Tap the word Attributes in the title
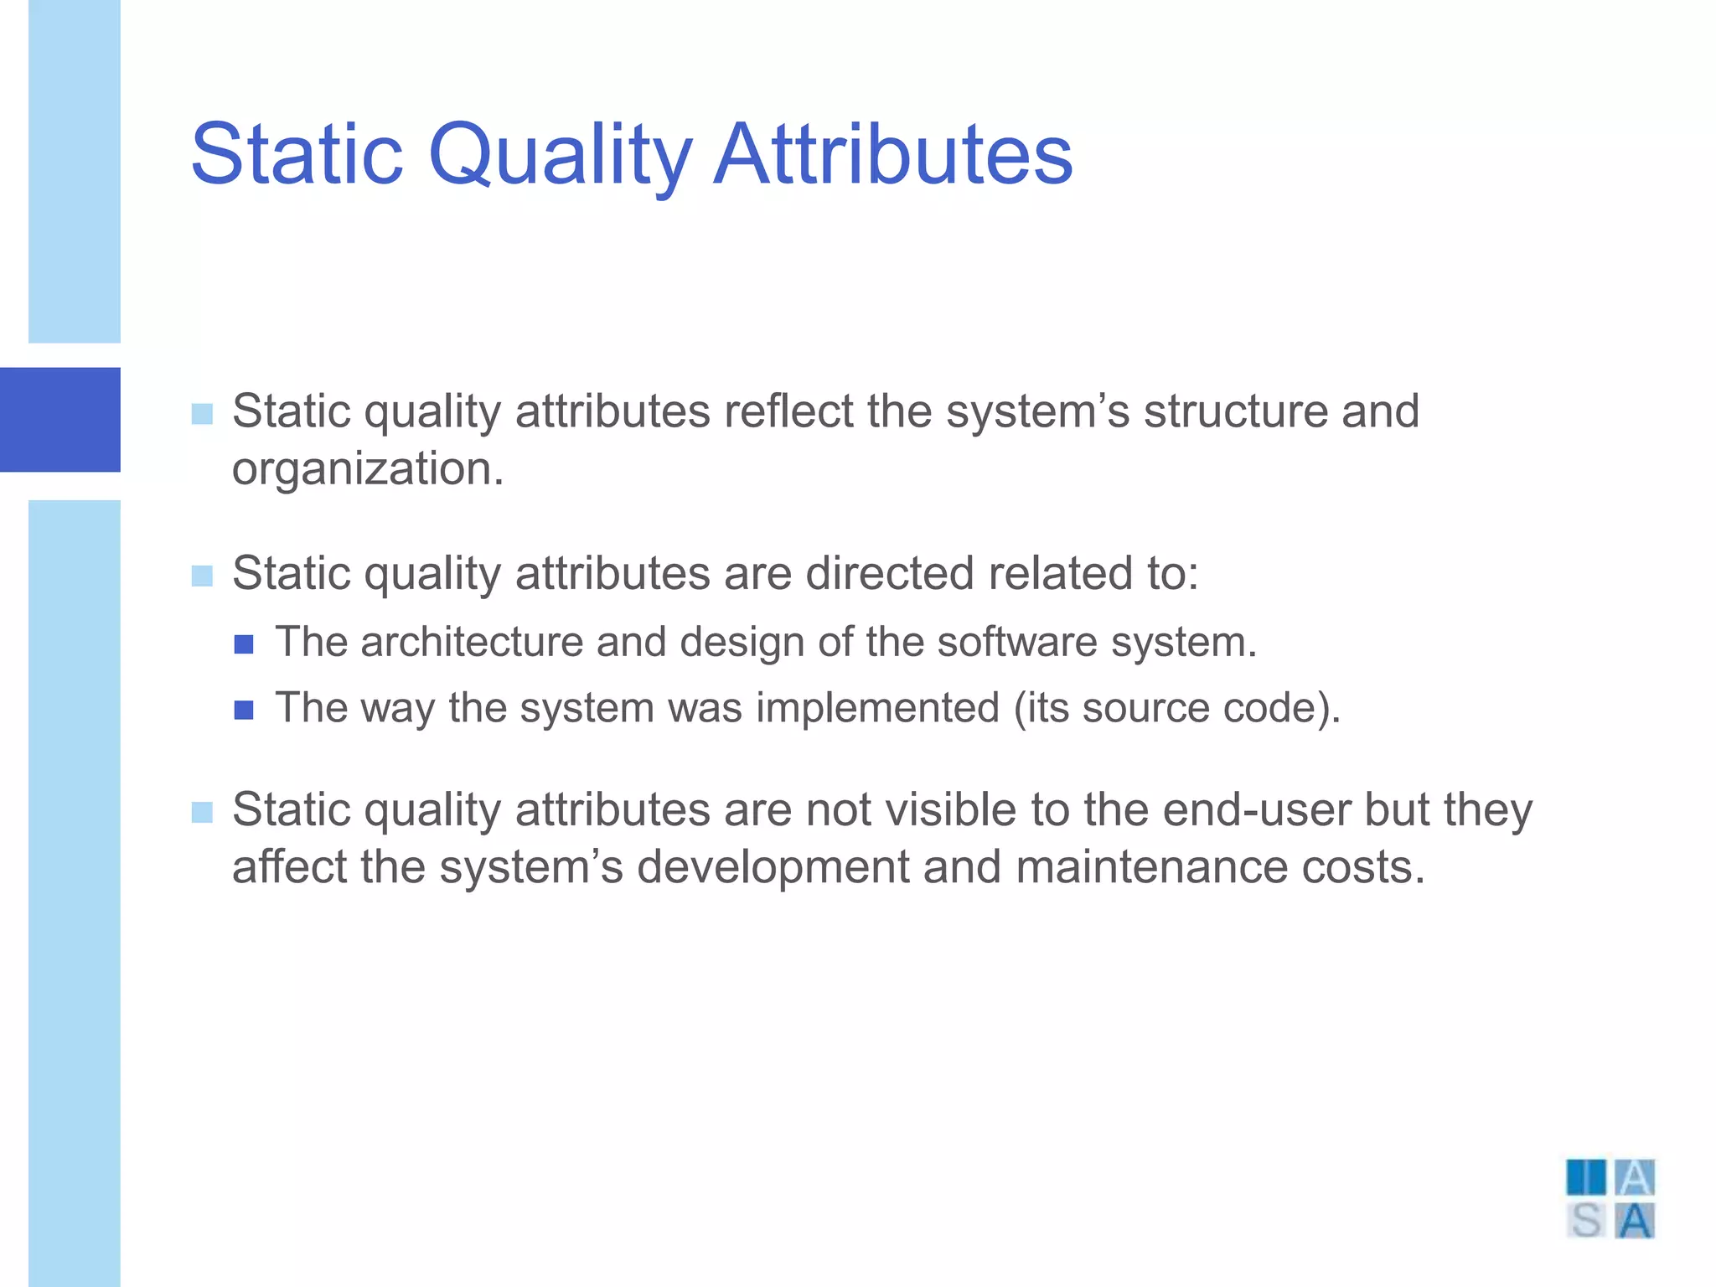[x=892, y=155]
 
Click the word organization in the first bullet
[x=367, y=469]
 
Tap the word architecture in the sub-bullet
[x=471, y=643]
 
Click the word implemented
[x=877, y=708]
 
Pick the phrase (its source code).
[x=1176, y=708]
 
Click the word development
[x=773, y=869]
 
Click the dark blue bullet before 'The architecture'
[x=244, y=644]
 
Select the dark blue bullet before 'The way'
[x=244, y=711]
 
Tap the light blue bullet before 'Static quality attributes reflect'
[x=202, y=414]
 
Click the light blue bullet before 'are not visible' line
[x=202, y=813]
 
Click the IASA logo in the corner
[x=1610, y=1198]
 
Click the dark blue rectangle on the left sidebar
[x=60, y=419]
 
